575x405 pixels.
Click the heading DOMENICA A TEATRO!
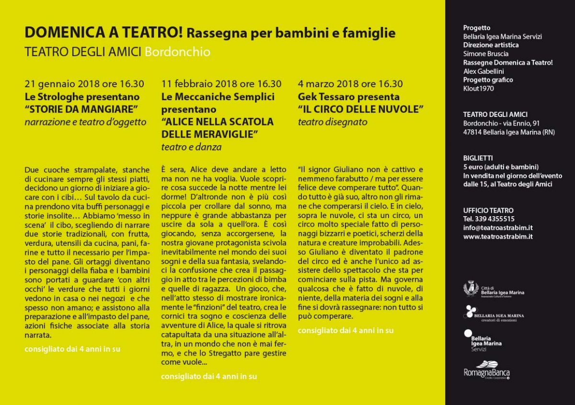click(x=103, y=33)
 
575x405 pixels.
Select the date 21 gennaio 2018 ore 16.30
click(x=85, y=84)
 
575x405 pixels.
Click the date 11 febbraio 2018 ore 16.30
click(x=221, y=84)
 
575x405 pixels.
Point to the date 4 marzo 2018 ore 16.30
click(x=350, y=84)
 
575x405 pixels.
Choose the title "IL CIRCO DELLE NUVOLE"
click(x=361, y=109)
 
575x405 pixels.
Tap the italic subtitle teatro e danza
click(x=191, y=147)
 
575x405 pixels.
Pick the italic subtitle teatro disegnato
click(x=333, y=122)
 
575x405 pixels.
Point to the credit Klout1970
click(x=478, y=88)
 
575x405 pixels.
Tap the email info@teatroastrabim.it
click(x=498, y=228)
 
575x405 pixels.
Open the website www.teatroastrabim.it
click(x=498, y=236)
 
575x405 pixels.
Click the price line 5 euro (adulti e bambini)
click(x=501, y=167)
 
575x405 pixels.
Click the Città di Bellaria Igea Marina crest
click(x=471, y=289)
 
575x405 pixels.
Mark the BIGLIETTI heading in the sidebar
click(x=478, y=158)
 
